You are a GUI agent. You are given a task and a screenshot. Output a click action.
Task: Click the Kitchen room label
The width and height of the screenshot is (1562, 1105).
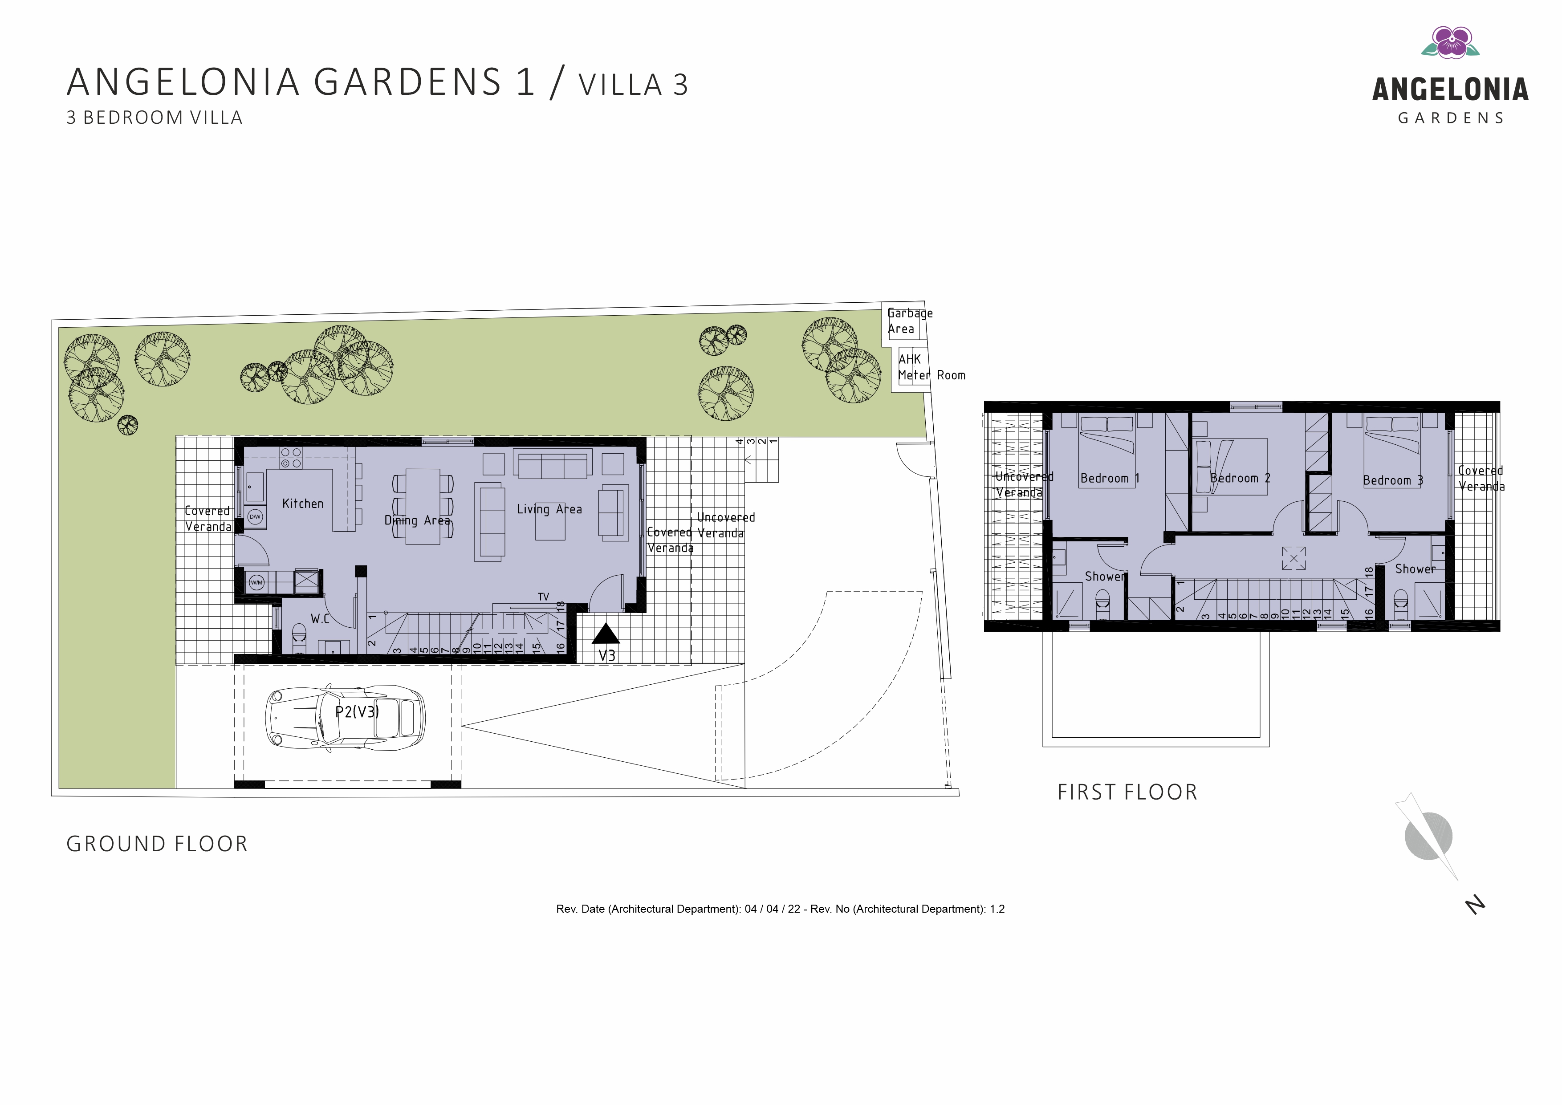click(303, 504)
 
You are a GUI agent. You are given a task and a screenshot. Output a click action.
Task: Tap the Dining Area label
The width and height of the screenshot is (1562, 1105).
click(418, 520)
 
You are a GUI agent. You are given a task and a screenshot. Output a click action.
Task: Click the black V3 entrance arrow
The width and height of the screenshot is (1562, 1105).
click(606, 634)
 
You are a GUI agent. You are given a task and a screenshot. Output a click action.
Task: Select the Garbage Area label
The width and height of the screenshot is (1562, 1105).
click(910, 321)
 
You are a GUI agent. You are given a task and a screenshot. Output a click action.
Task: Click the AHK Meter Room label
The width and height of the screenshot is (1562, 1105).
click(931, 367)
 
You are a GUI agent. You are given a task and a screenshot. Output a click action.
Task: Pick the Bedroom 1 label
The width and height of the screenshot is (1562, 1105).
click(1110, 478)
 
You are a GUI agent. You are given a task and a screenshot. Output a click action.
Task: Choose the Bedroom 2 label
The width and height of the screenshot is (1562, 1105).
click(1240, 478)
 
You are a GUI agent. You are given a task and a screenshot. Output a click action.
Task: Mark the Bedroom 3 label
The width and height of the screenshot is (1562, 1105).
click(1393, 480)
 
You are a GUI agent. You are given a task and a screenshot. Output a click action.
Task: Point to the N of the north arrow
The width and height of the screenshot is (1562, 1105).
click(1475, 906)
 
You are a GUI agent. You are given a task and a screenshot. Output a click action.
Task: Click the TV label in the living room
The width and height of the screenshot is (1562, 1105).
click(543, 597)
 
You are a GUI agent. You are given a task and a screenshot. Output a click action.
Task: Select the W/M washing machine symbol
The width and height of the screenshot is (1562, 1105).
click(256, 582)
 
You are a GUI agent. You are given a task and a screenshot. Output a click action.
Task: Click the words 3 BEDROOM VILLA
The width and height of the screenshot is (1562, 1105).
click(155, 118)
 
